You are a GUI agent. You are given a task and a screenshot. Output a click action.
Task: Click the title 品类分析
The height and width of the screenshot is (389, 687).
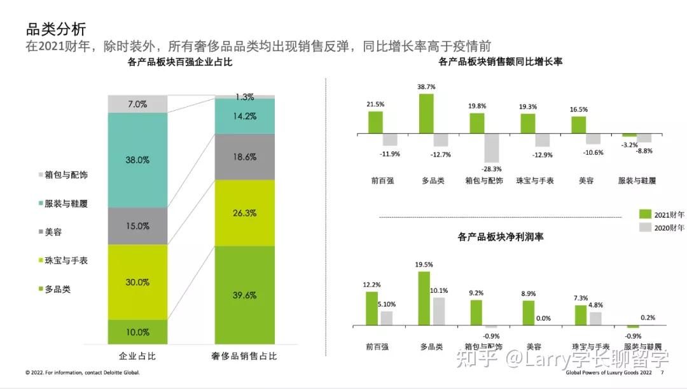click(x=55, y=29)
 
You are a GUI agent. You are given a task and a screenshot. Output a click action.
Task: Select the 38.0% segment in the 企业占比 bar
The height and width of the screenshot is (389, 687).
click(x=137, y=160)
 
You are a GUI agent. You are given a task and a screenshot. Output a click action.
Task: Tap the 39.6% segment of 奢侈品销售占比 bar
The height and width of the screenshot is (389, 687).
click(x=244, y=295)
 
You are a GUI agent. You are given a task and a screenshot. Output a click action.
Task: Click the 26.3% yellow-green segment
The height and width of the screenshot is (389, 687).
click(x=244, y=213)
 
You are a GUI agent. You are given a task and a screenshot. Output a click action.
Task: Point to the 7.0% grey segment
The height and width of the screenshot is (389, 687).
click(x=137, y=104)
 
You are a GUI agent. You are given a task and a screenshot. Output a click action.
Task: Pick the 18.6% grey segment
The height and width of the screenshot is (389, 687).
click(x=244, y=157)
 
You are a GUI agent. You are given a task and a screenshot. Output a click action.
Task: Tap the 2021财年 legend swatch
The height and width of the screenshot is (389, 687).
click(x=645, y=215)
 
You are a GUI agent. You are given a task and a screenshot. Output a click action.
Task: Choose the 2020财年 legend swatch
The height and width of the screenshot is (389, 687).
click(x=645, y=227)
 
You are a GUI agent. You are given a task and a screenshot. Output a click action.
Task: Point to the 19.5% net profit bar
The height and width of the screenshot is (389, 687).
click(x=424, y=299)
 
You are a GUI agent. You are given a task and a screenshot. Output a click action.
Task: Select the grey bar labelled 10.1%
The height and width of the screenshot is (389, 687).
click(x=438, y=311)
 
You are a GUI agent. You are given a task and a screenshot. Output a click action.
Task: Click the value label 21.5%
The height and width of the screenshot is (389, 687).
click(x=375, y=104)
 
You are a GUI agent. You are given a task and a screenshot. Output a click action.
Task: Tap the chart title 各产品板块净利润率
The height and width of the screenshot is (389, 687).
click(x=501, y=237)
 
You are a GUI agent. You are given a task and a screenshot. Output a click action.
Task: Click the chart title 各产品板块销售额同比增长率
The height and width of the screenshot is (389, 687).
click(x=501, y=62)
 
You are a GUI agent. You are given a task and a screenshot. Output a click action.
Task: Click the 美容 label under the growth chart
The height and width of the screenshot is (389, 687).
click(x=585, y=180)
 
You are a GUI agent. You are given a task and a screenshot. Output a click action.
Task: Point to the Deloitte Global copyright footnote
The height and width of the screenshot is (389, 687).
click(x=82, y=372)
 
